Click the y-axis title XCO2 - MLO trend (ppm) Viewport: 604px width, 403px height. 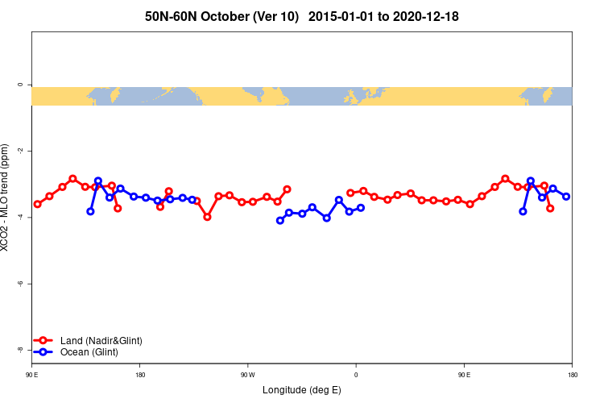click(x=6, y=198)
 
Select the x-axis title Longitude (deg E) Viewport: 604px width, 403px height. click(x=302, y=390)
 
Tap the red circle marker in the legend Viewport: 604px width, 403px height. click(x=43, y=341)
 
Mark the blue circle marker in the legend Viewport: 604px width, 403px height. click(x=43, y=352)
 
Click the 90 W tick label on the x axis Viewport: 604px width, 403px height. click(x=247, y=375)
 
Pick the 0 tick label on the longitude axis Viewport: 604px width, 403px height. click(x=355, y=375)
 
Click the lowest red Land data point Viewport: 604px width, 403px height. click(x=207, y=217)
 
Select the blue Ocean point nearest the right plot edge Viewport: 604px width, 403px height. click(x=566, y=197)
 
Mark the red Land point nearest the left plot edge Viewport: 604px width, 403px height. click(x=37, y=204)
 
